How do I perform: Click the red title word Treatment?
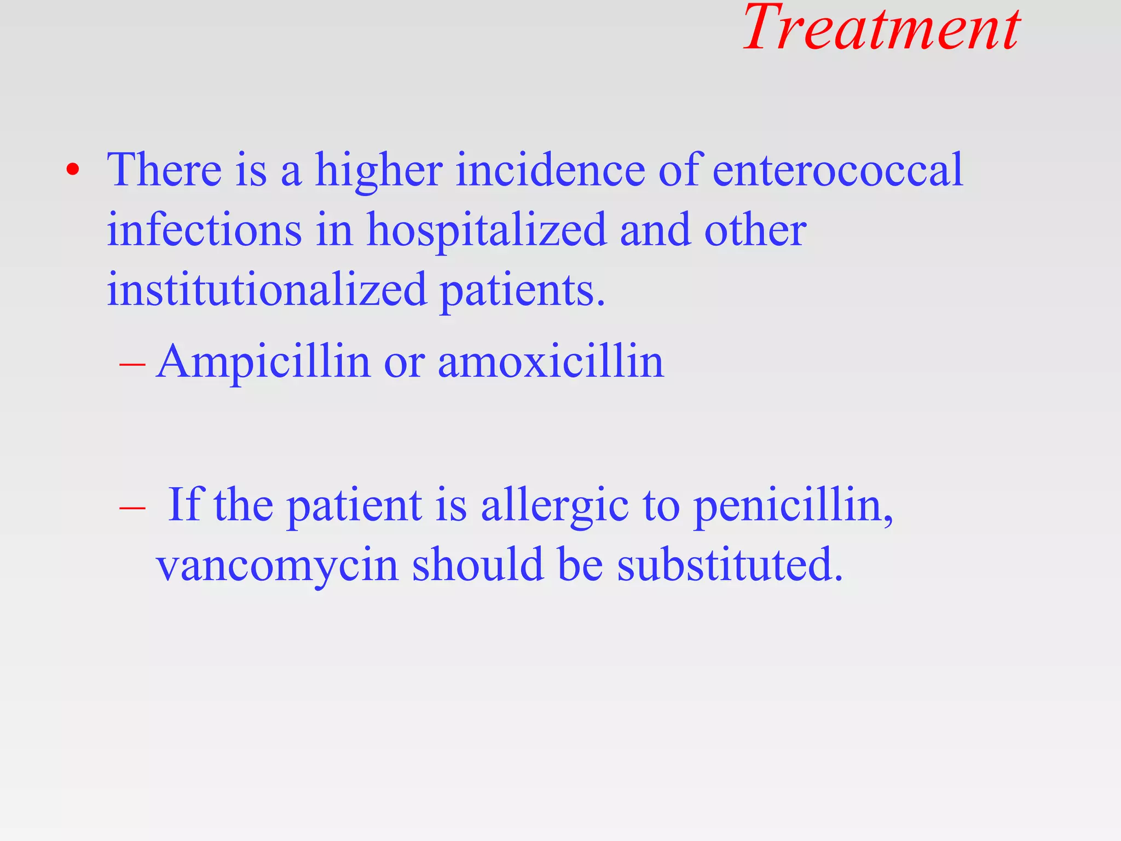coord(881,28)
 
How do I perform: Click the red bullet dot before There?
coord(72,170)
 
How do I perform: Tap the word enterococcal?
coord(837,170)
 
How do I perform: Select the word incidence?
coord(550,170)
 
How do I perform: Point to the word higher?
coord(379,171)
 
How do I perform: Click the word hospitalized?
coord(486,231)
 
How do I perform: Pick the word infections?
coord(204,230)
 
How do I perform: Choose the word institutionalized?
coord(267,290)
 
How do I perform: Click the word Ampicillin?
coord(263,362)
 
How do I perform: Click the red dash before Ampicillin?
coord(132,364)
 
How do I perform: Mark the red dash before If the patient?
coord(132,507)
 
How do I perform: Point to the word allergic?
coord(554,506)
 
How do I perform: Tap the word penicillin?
coord(793,506)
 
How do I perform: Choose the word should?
coord(478,565)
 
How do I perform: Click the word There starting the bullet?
coord(164,170)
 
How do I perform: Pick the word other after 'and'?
coord(755,230)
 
